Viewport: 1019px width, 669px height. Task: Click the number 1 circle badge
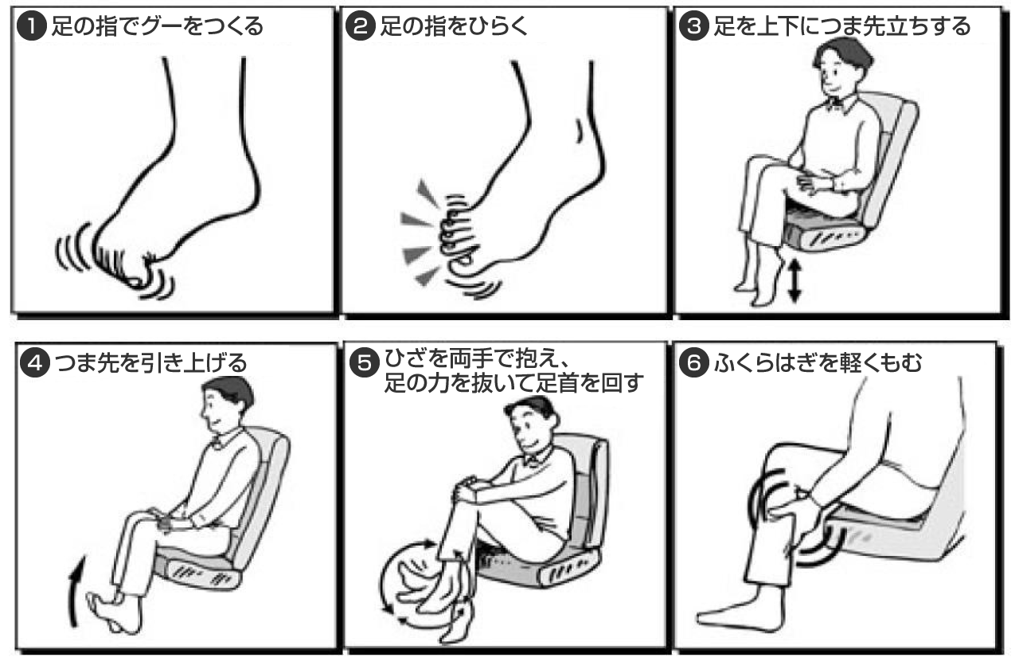[31, 26]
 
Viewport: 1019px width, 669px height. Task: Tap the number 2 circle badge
[361, 26]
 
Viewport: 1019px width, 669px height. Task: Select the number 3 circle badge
[693, 26]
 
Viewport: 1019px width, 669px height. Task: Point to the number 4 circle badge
[35, 362]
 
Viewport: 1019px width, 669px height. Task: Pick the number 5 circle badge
[365, 362]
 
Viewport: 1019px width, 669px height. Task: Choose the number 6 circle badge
[693, 362]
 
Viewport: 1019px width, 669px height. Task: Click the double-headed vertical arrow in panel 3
[794, 280]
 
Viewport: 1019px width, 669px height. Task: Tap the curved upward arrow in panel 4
[74, 592]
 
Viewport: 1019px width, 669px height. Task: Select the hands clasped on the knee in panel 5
[469, 489]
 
